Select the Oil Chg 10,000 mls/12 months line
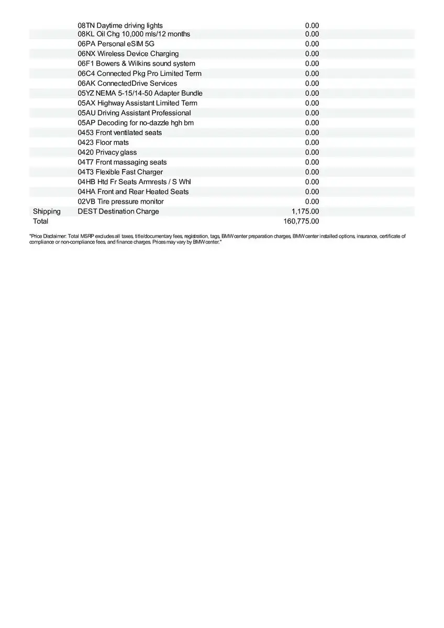pos(134,34)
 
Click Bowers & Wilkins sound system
pos(136,64)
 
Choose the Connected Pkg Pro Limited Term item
pos(139,74)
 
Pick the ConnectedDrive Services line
pos(127,84)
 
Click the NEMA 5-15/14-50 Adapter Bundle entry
pos(140,93)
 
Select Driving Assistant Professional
pos(134,113)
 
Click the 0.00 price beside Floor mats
pos(312,142)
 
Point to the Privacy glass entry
pos(107,152)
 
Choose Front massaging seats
pos(122,162)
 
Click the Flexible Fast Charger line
pos(120,172)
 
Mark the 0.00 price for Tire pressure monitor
pos(312,201)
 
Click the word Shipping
pos(47,211)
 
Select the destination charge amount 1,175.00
pos(305,211)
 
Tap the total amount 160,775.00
pos(301,221)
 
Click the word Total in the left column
pos(40,221)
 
